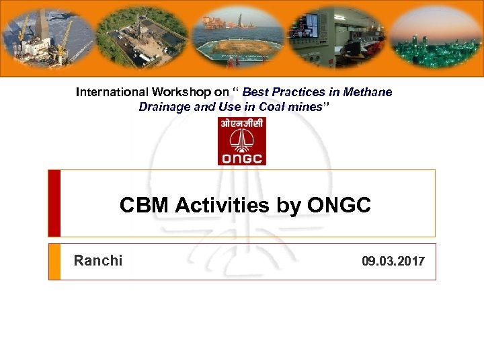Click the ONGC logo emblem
pos(242,140)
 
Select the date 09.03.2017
pos(393,261)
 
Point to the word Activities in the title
pos(223,205)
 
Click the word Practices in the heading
pos(300,92)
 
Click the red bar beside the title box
pos(54,203)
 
